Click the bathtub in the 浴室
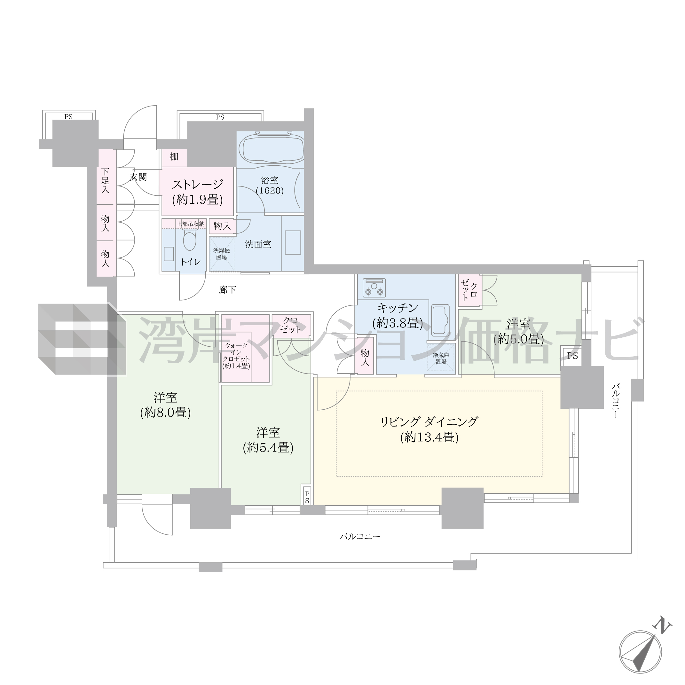click(x=271, y=149)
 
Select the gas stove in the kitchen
click(x=374, y=287)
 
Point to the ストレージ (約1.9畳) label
click(x=198, y=192)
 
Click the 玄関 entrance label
click(x=138, y=177)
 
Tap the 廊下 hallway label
click(x=227, y=290)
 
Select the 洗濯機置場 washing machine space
click(x=222, y=254)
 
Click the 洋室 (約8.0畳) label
click(x=166, y=405)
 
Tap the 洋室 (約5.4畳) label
click(x=268, y=440)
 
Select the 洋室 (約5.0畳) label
click(x=518, y=331)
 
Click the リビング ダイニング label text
click(x=429, y=421)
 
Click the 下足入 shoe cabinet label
click(x=105, y=181)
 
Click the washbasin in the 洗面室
click(x=293, y=242)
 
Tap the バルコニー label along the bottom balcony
click(x=359, y=536)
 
